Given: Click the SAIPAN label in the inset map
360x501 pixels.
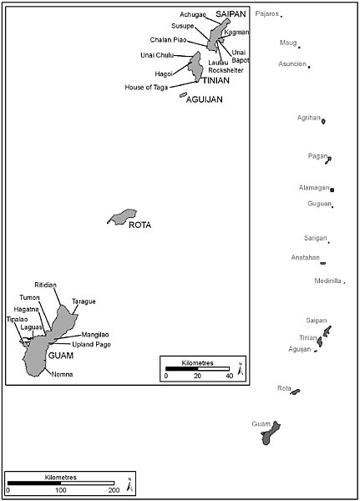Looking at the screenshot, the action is tap(231, 14).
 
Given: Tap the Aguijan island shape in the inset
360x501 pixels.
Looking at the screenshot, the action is tap(183, 95).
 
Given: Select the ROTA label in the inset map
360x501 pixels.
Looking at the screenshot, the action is tap(139, 225).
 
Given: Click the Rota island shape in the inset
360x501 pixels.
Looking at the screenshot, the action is tap(123, 217).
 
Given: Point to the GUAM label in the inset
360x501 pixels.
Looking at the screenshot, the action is tap(61, 356).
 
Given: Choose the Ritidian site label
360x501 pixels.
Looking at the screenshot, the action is tap(45, 285).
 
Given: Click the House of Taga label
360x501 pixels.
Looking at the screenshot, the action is tap(146, 87).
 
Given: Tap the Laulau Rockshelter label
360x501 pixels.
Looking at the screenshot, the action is tap(226, 67).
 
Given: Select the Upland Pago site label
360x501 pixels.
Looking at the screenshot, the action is tap(91, 344).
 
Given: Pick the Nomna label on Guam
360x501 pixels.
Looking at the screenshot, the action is tap(62, 374).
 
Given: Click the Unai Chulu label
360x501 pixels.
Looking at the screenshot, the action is tap(157, 55).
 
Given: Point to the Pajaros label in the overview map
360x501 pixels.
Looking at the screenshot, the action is tap(267, 13).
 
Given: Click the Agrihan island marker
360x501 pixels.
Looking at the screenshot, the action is tap(323, 121).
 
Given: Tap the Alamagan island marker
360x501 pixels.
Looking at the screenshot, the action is tap(332, 190).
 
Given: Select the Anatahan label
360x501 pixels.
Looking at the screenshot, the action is tap(306, 257).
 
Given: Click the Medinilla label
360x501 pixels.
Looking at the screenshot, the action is tap(327, 281).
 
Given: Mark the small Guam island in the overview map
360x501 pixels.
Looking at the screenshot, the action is tap(271, 433).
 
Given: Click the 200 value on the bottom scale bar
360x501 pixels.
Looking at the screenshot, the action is tap(114, 490).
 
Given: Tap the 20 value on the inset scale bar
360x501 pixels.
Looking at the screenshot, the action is tap(197, 376).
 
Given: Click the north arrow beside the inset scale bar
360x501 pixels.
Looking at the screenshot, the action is tap(241, 369).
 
